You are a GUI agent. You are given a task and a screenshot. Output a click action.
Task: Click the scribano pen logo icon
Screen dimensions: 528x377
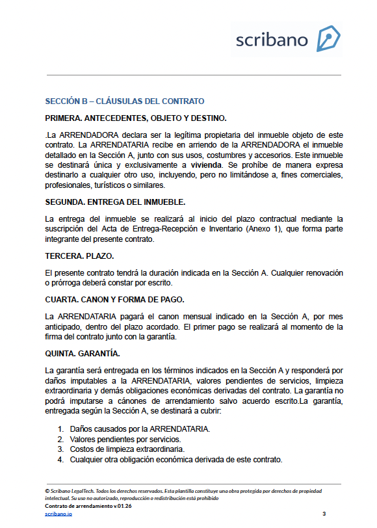pyautogui.click(x=328, y=39)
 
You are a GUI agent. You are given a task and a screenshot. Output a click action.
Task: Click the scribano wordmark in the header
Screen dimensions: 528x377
pyautogui.click(x=272, y=40)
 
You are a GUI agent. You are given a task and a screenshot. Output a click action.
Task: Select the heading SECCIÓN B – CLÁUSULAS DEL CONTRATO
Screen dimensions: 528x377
pyautogui.click(x=125, y=101)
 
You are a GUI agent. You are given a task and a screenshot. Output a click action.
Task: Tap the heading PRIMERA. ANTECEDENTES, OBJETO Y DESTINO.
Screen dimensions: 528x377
pyautogui.click(x=136, y=118)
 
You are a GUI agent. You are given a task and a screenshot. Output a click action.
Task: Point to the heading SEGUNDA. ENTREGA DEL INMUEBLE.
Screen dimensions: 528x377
pyautogui.click(x=115, y=202)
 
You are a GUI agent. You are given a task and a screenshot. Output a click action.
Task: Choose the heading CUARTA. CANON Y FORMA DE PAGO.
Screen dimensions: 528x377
pyautogui.click(x=115, y=299)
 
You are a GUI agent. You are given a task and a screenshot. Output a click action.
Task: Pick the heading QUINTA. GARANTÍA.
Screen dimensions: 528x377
pyautogui.click(x=83, y=354)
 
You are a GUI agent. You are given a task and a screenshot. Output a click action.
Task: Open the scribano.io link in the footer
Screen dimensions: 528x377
pyautogui.click(x=58, y=514)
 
